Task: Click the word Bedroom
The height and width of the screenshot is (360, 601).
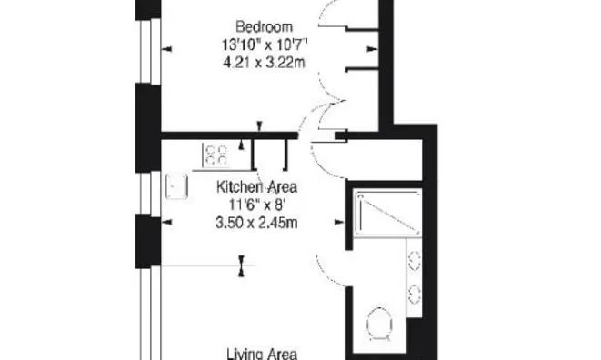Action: point(264,27)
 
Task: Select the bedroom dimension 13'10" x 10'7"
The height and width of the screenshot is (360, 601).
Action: point(265,45)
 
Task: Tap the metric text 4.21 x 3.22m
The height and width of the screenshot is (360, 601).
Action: point(264,62)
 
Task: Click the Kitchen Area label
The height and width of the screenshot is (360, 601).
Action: point(256,187)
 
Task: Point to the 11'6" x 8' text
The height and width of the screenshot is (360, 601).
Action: point(256,205)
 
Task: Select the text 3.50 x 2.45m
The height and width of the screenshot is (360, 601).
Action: point(256,223)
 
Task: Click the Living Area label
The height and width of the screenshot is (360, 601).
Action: point(262,354)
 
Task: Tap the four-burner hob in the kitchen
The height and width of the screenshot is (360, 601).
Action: point(215,155)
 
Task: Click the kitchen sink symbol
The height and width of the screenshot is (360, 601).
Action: point(176,186)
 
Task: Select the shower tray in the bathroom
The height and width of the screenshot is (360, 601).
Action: point(387,213)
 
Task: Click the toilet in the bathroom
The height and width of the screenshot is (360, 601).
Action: point(379,324)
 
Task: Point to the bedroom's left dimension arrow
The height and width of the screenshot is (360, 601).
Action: point(167,49)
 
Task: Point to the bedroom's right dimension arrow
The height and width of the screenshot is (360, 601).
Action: point(372,49)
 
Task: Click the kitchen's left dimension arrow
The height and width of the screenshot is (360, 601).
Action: point(167,222)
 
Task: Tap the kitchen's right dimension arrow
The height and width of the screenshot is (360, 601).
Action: point(339,222)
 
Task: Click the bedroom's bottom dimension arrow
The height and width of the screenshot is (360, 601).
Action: point(259,126)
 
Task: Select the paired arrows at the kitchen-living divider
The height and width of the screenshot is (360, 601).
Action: point(242,266)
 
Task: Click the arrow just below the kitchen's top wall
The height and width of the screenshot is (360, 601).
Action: point(242,145)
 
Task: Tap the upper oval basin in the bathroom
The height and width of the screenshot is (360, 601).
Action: point(414,261)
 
